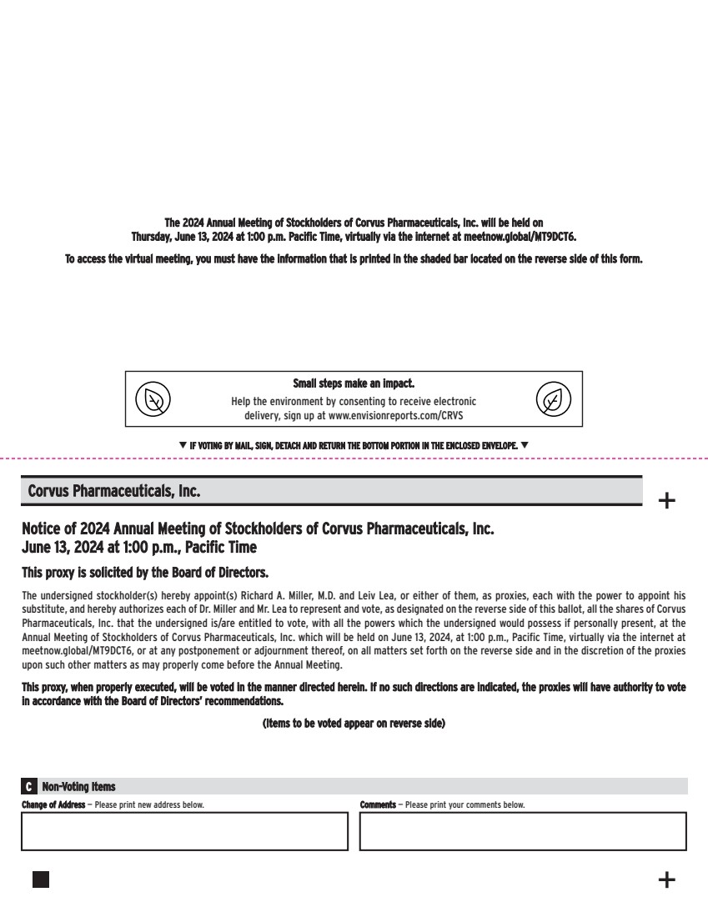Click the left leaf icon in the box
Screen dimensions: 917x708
click(x=153, y=399)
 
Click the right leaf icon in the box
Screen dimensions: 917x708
click(x=554, y=399)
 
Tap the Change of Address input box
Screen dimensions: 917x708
click(x=184, y=831)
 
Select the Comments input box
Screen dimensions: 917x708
click(x=523, y=831)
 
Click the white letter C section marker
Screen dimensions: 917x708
click(x=29, y=787)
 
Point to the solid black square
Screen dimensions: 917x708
click(x=40, y=879)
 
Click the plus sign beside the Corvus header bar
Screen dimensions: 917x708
click(x=667, y=501)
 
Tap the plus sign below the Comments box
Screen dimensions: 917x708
click(x=667, y=879)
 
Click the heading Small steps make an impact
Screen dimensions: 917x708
click(x=354, y=384)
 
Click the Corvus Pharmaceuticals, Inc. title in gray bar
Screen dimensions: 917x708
click(x=114, y=491)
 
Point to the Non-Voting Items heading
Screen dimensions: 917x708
click(x=78, y=787)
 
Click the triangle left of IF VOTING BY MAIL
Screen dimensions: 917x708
click(x=183, y=445)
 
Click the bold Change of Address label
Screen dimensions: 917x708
click(x=53, y=805)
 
